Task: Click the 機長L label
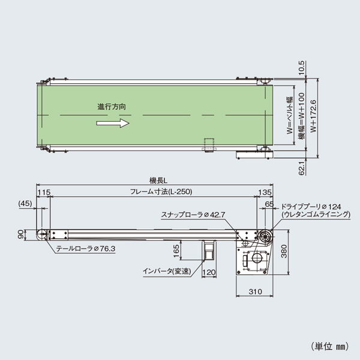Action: pyautogui.click(x=158, y=179)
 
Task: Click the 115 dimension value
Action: pyautogui.click(x=43, y=192)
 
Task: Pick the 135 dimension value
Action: pyautogui.click(x=265, y=192)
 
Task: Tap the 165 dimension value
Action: pyautogui.click(x=176, y=250)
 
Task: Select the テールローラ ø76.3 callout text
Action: pyautogui.click(x=86, y=247)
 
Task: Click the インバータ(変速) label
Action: pyautogui.click(x=166, y=271)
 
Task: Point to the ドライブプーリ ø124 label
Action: pyautogui.click(x=311, y=206)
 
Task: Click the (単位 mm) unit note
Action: pyautogui.click(x=330, y=346)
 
